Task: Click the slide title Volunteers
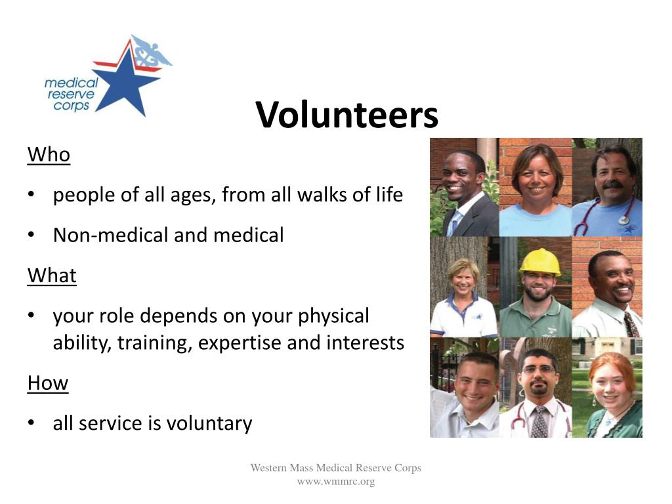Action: (x=346, y=114)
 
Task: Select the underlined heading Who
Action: (x=49, y=155)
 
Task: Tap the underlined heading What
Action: (x=52, y=275)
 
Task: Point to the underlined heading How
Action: (x=48, y=383)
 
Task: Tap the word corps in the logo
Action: (x=72, y=106)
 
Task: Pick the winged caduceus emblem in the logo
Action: (x=151, y=52)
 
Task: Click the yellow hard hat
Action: (x=540, y=262)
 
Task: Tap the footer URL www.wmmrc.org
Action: (x=336, y=482)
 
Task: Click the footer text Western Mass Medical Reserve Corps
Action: (x=336, y=467)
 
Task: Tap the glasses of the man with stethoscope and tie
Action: (x=538, y=369)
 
